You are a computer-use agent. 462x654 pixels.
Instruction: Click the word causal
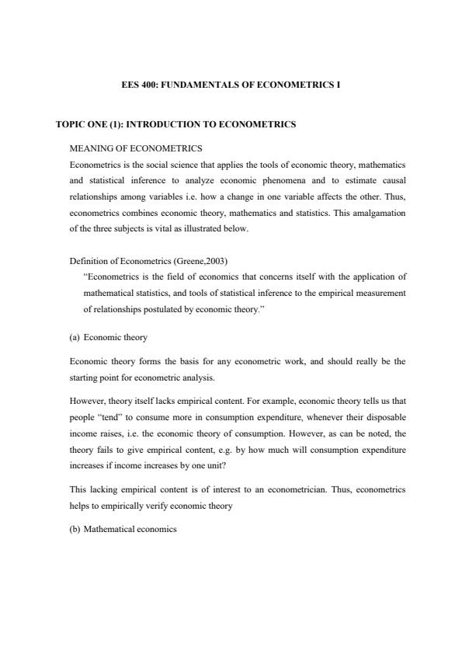tap(391, 180)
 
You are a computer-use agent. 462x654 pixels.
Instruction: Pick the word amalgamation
tap(372, 210)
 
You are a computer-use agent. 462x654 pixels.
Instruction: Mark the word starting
tap(85, 377)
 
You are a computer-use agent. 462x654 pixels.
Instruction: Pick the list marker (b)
tap(75, 529)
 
